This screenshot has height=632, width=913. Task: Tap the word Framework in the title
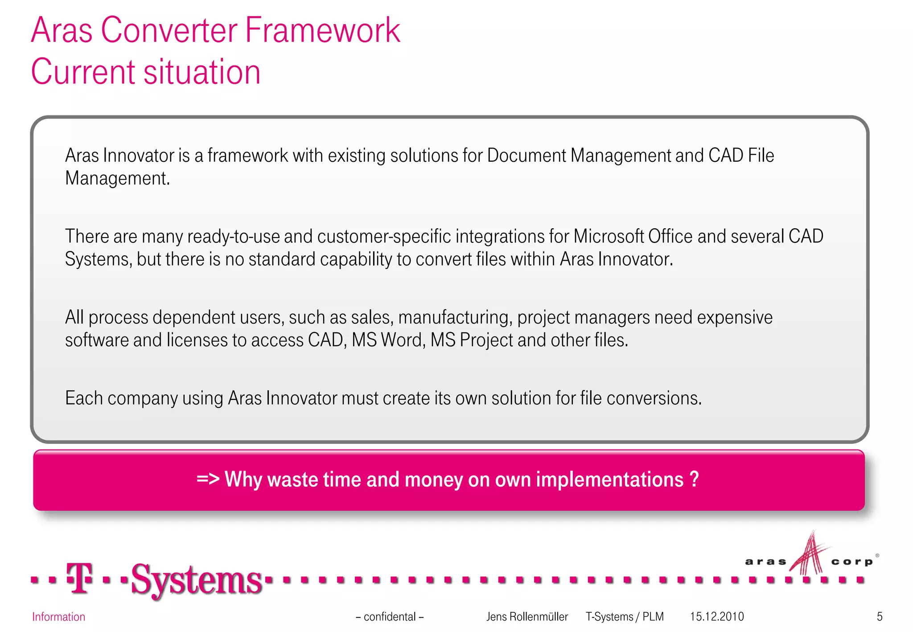pos(322,30)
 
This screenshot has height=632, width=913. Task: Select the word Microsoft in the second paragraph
pos(609,237)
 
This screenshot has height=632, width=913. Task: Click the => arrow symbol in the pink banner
pos(208,479)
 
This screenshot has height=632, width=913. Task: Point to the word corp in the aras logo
pos(851,562)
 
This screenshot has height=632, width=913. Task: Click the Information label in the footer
pos(58,617)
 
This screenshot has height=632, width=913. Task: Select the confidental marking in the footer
pos(390,617)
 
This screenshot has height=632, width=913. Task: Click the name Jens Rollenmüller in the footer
pos(527,617)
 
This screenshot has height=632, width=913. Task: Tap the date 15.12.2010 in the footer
pos(717,617)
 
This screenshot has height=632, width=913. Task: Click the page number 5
pos(880,617)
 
